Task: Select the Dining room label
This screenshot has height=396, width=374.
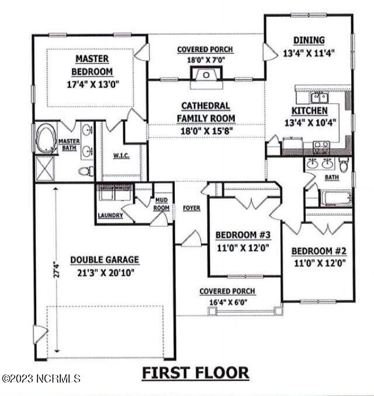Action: (x=308, y=40)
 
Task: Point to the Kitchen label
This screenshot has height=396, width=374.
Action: (x=309, y=110)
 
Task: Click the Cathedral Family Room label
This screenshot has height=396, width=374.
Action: (x=206, y=112)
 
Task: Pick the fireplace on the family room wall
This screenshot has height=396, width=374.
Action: (x=206, y=74)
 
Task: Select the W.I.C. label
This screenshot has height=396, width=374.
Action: (x=120, y=155)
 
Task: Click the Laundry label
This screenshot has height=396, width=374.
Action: (x=110, y=216)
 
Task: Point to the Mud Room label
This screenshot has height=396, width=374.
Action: (x=161, y=204)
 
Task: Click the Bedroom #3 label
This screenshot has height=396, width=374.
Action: (x=243, y=235)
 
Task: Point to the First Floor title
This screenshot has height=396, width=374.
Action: (x=196, y=372)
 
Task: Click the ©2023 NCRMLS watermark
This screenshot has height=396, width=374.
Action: (x=41, y=378)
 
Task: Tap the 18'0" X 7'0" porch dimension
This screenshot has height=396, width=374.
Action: (x=205, y=59)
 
